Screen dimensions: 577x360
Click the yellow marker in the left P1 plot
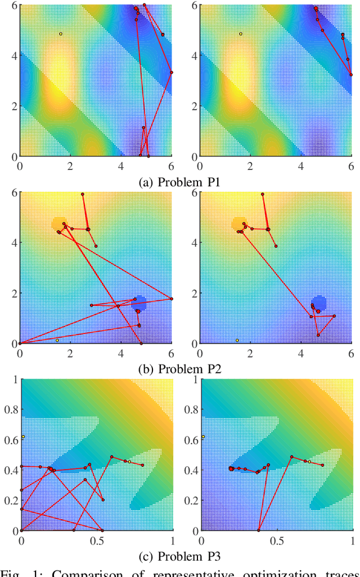[x=61, y=34]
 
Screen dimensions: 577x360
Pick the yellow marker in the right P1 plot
[x=240, y=34]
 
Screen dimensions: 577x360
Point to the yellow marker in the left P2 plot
[x=57, y=340]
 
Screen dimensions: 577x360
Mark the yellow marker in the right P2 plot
[x=237, y=340]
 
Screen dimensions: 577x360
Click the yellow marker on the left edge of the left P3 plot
[x=23, y=436]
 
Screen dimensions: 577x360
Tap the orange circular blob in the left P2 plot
[x=58, y=224]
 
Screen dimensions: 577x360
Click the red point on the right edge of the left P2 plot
[x=172, y=299]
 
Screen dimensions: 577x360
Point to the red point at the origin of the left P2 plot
[x=20, y=343]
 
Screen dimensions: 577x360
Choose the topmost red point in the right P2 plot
[x=262, y=194]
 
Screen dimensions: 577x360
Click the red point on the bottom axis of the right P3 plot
[x=258, y=530]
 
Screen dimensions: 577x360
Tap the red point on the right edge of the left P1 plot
[x=172, y=73]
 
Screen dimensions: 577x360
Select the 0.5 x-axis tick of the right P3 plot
[x=276, y=540]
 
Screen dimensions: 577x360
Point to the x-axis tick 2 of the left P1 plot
[x=71, y=166]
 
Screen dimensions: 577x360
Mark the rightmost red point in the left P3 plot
[x=142, y=465]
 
